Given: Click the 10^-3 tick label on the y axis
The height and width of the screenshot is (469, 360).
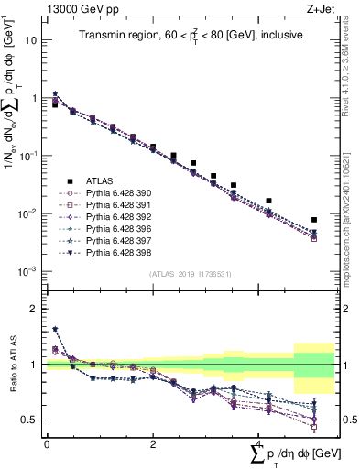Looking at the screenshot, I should tap(29, 271).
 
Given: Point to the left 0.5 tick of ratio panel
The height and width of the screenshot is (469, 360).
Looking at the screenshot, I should tap(31, 420).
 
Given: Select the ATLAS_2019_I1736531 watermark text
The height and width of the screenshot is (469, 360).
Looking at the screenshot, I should tap(190, 275).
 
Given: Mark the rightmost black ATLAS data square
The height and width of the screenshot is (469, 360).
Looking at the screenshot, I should tap(314, 220).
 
